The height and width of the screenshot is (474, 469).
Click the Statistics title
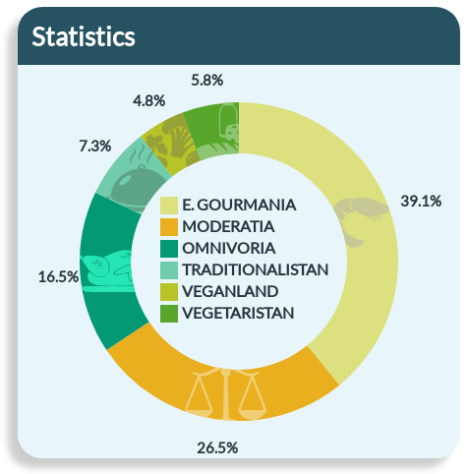click(84, 36)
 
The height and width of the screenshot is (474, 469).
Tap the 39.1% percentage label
click(421, 201)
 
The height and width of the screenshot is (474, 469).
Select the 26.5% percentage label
click(217, 447)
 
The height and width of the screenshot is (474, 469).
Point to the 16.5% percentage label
click(58, 277)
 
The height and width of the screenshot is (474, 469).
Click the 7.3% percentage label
click(95, 146)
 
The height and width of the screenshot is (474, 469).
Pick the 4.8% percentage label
click(148, 100)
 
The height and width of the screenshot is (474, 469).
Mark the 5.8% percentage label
click(207, 81)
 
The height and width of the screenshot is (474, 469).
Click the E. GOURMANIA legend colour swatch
click(169, 206)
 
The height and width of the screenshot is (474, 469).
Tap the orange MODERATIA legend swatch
click(169, 227)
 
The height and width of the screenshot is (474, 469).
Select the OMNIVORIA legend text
click(229, 248)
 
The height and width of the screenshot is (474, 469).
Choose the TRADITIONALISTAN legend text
click(256, 269)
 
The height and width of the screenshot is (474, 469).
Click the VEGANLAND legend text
click(230, 291)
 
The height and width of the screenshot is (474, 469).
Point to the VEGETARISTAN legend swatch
click(169, 314)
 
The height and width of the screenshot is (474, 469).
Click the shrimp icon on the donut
click(360, 220)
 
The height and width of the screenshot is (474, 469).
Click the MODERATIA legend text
click(228, 226)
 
